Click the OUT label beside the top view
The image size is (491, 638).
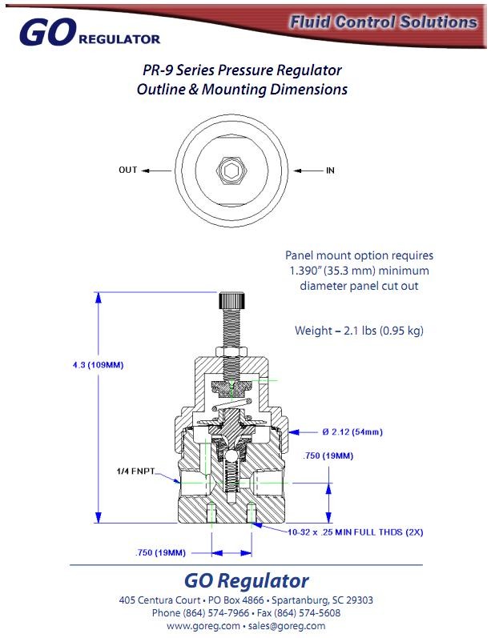click(x=128, y=171)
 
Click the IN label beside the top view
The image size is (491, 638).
click(x=330, y=171)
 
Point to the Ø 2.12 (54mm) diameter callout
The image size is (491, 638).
click(x=352, y=432)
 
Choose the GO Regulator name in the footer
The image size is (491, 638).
click(x=246, y=580)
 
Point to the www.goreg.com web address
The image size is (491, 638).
click(x=203, y=625)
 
